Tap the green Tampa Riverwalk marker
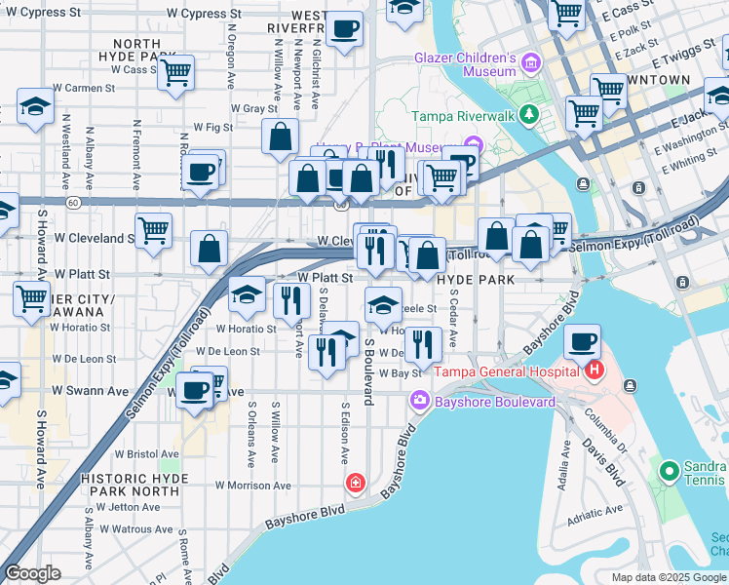pyautogui.click(x=529, y=115)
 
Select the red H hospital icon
pyautogui.click(x=594, y=370)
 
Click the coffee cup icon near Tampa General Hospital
pyautogui.click(x=583, y=342)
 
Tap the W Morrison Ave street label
pyautogui.click(x=253, y=485)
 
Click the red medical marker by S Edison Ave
pyautogui.click(x=357, y=483)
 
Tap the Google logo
pyautogui.click(x=33, y=573)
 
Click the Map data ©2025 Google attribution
pyautogui.click(x=668, y=577)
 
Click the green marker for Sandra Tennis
pyautogui.click(x=669, y=472)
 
